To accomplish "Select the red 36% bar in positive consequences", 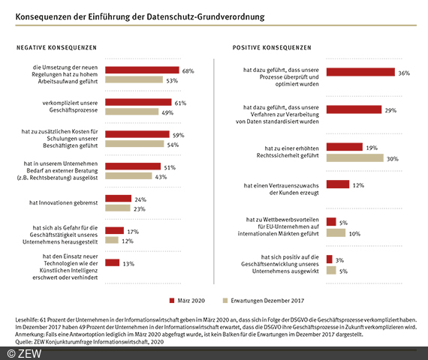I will (x=361, y=72).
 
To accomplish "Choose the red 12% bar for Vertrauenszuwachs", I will (x=338, y=184).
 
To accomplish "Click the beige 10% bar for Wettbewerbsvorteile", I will (x=336, y=232).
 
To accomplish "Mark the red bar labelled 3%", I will (x=330, y=259).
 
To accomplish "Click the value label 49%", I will (x=167, y=112).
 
